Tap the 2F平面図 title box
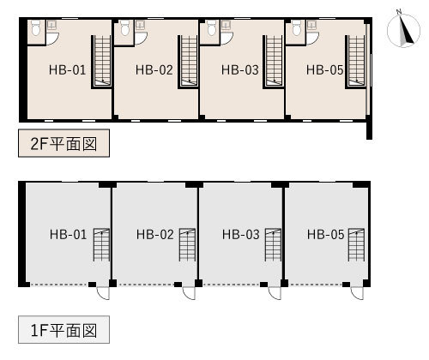click(63, 143)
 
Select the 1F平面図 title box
click(63, 330)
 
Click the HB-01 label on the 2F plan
click(67, 70)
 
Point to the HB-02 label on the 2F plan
click(154, 70)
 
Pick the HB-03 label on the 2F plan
click(240, 70)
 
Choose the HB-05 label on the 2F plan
click(324, 70)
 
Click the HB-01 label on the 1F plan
click(68, 235)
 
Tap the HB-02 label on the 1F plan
click(155, 235)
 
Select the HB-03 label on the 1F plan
click(241, 235)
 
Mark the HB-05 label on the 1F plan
click(325, 235)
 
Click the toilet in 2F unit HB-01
click(36, 27)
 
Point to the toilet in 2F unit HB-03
click(211, 27)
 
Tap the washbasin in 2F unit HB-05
click(311, 25)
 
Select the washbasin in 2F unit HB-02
click(140, 25)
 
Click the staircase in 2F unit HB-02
click(188, 62)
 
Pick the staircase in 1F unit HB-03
click(273, 245)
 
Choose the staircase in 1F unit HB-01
click(101, 245)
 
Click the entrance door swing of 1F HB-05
click(357, 293)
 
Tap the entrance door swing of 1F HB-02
click(189, 293)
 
